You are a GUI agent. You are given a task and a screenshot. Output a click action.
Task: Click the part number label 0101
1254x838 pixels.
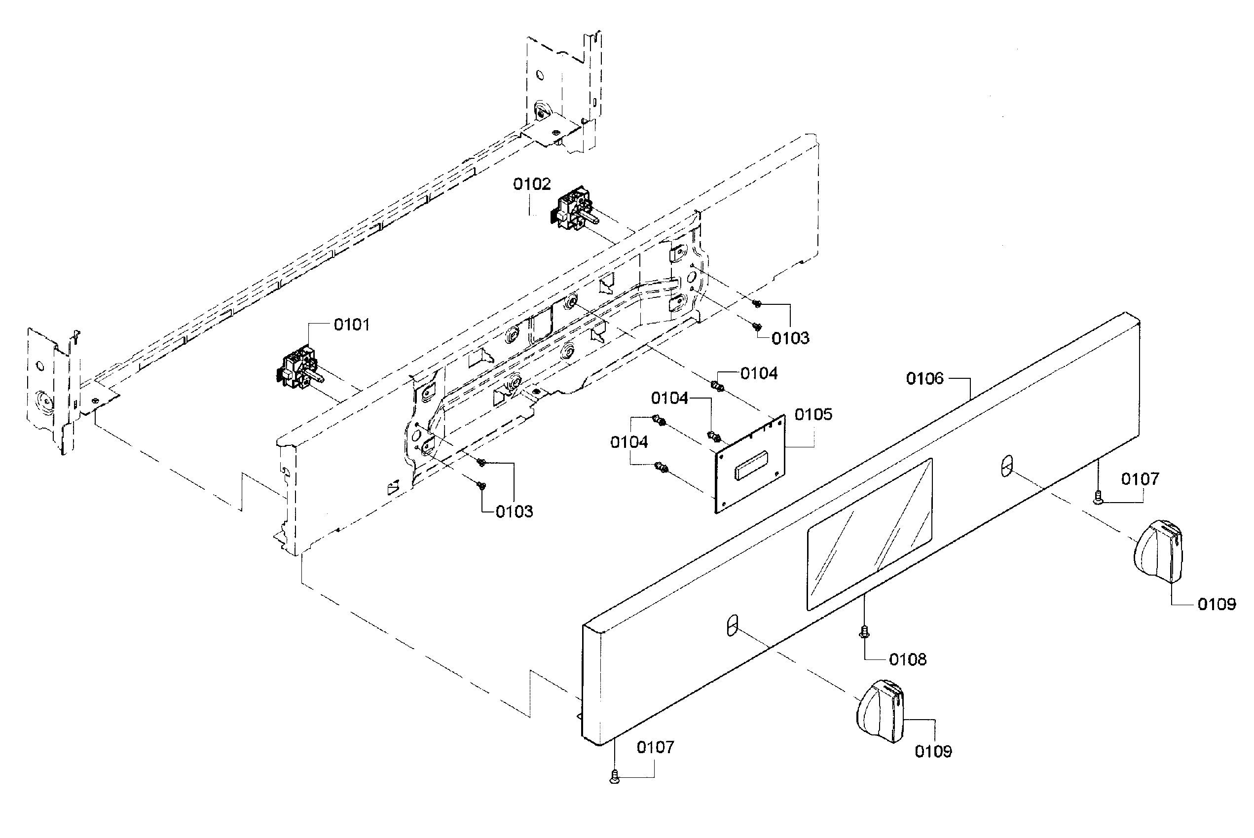[351, 325]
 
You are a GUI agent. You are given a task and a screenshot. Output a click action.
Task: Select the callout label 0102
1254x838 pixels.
[531, 184]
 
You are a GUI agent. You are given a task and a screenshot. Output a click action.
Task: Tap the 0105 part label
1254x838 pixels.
[813, 414]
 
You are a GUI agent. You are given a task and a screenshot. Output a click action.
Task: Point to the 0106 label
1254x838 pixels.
[925, 378]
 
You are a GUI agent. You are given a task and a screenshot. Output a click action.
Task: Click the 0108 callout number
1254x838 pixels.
[908, 659]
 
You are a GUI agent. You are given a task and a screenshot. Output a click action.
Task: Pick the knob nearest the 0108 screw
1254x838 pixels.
[879, 711]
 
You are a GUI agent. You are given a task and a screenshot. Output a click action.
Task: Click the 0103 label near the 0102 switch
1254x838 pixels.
[790, 338]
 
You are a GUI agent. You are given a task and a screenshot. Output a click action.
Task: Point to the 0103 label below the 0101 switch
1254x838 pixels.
[514, 511]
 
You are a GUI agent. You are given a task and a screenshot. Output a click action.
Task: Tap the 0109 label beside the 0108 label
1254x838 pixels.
[933, 751]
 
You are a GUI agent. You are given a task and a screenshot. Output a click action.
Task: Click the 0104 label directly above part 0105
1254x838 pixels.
[759, 373]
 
